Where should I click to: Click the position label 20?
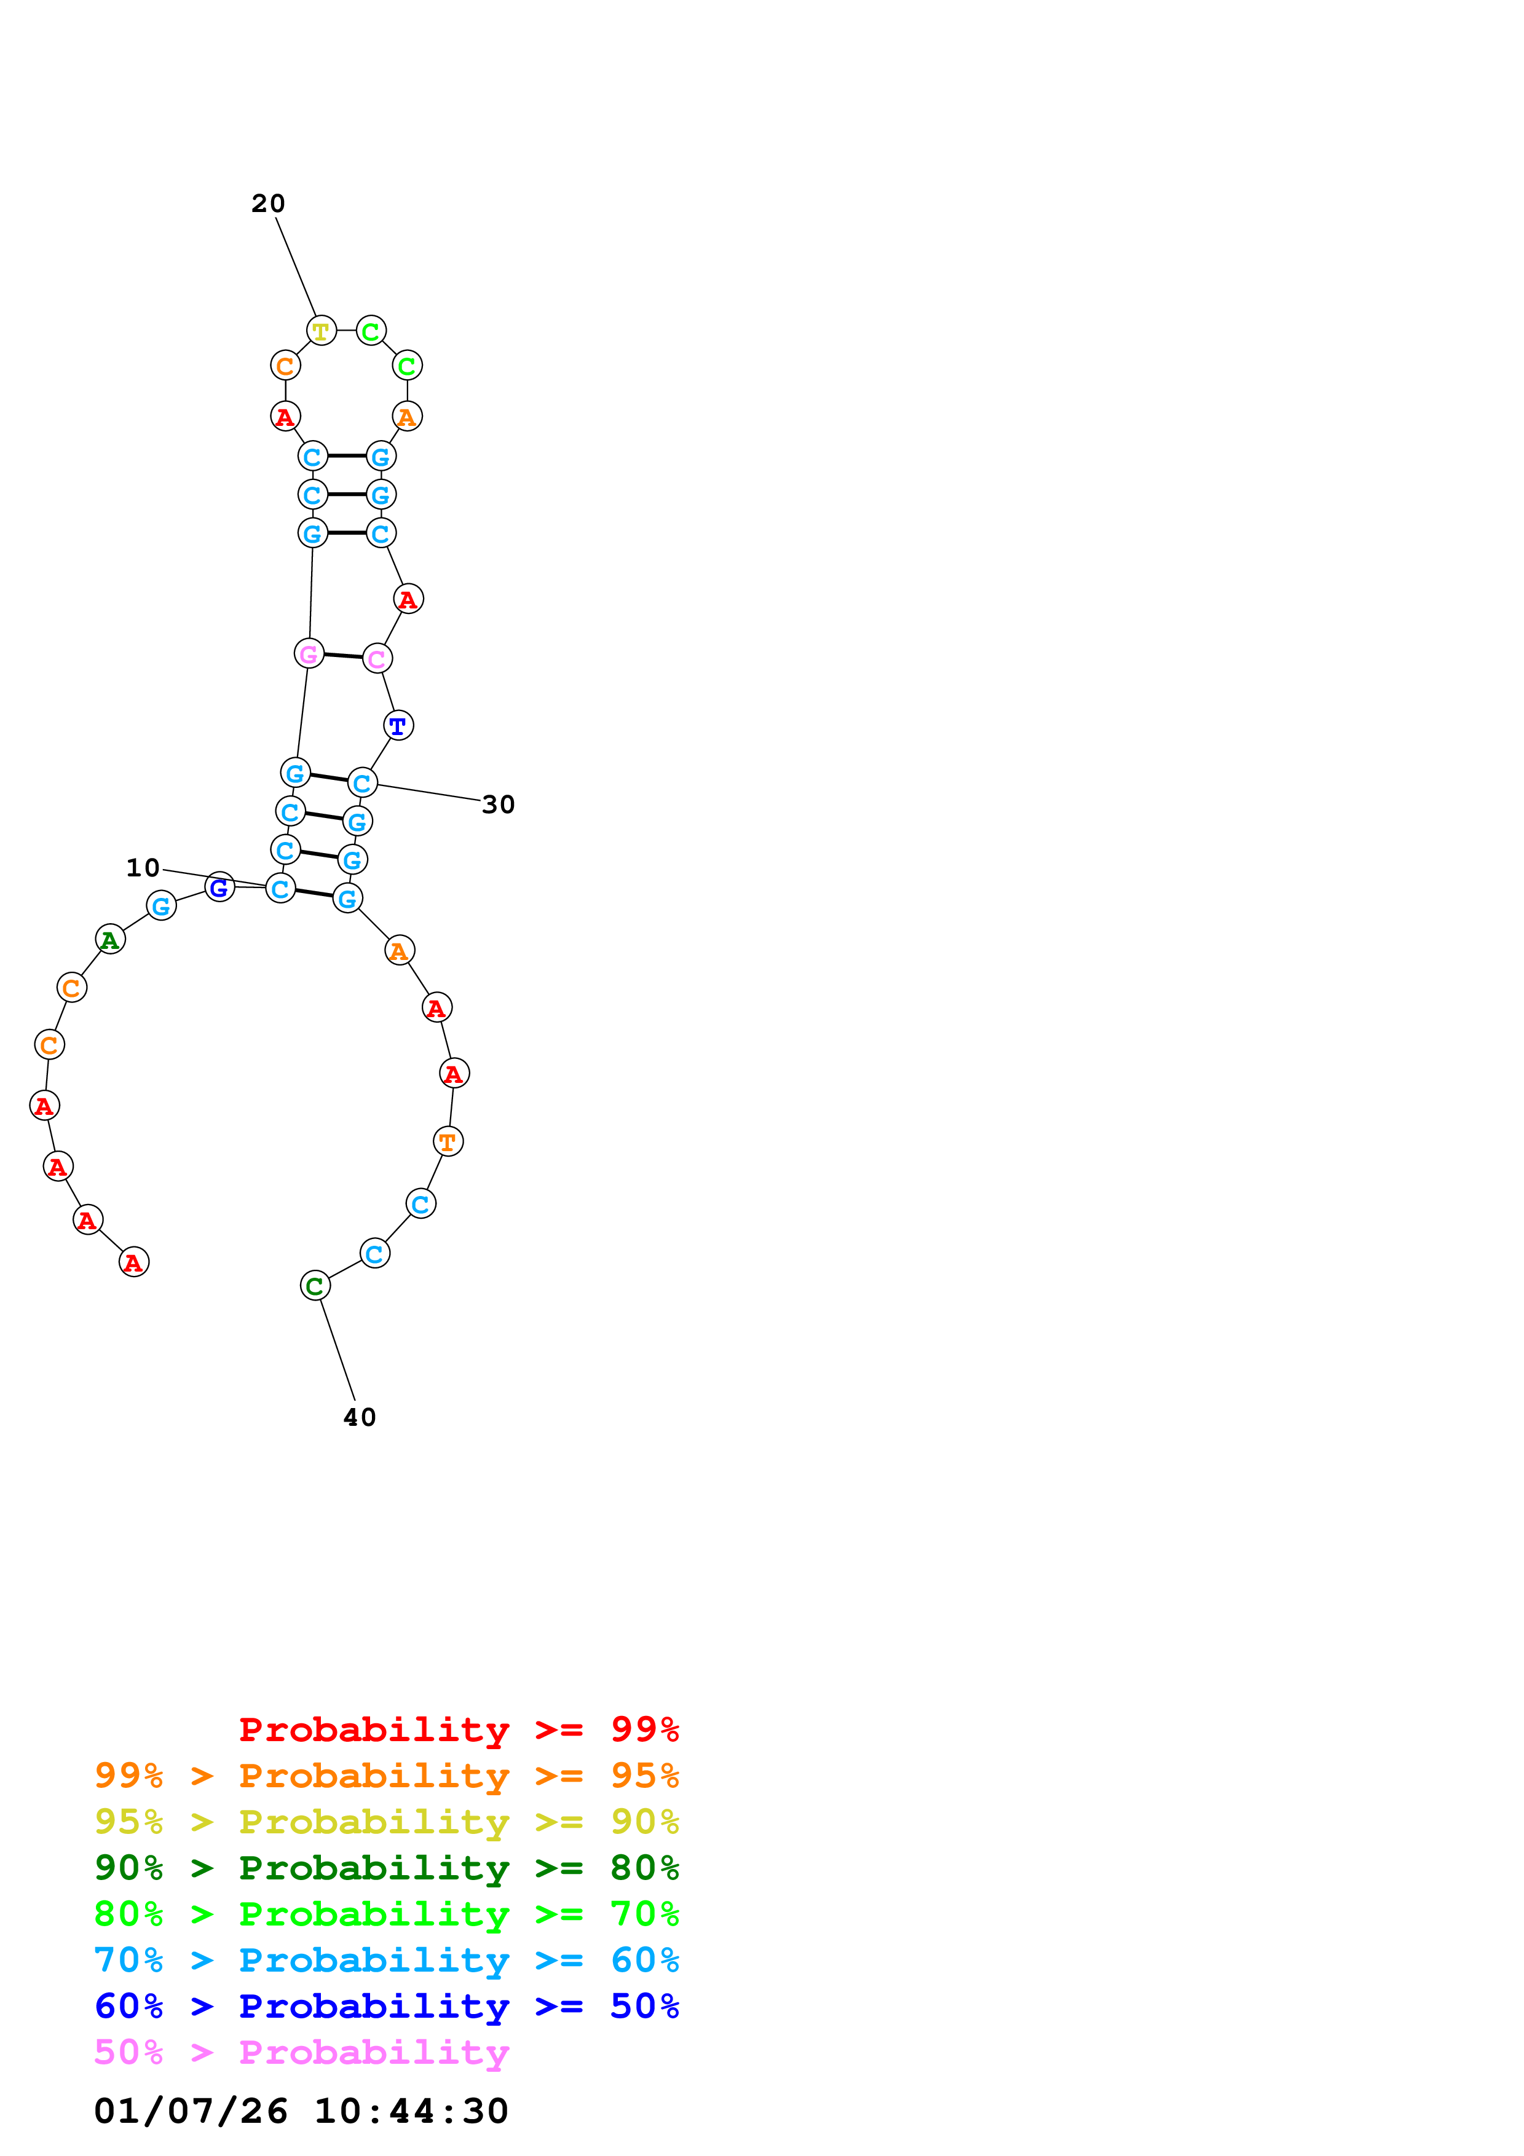click(x=267, y=204)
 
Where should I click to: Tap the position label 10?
click(x=143, y=868)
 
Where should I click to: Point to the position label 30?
click(x=498, y=805)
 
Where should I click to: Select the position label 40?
click(x=360, y=1417)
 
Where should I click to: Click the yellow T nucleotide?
click(x=321, y=331)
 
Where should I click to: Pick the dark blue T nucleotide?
click(x=398, y=725)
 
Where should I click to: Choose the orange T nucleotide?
click(x=448, y=1142)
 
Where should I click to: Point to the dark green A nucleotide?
click(x=110, y=939)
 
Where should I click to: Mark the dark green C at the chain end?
click(x=315, y=1286)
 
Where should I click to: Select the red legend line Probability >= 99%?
click(x=458, y=1729)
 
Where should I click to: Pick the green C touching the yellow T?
click(x=371, y=331)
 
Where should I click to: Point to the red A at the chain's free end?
click(x=134, y=1262)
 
